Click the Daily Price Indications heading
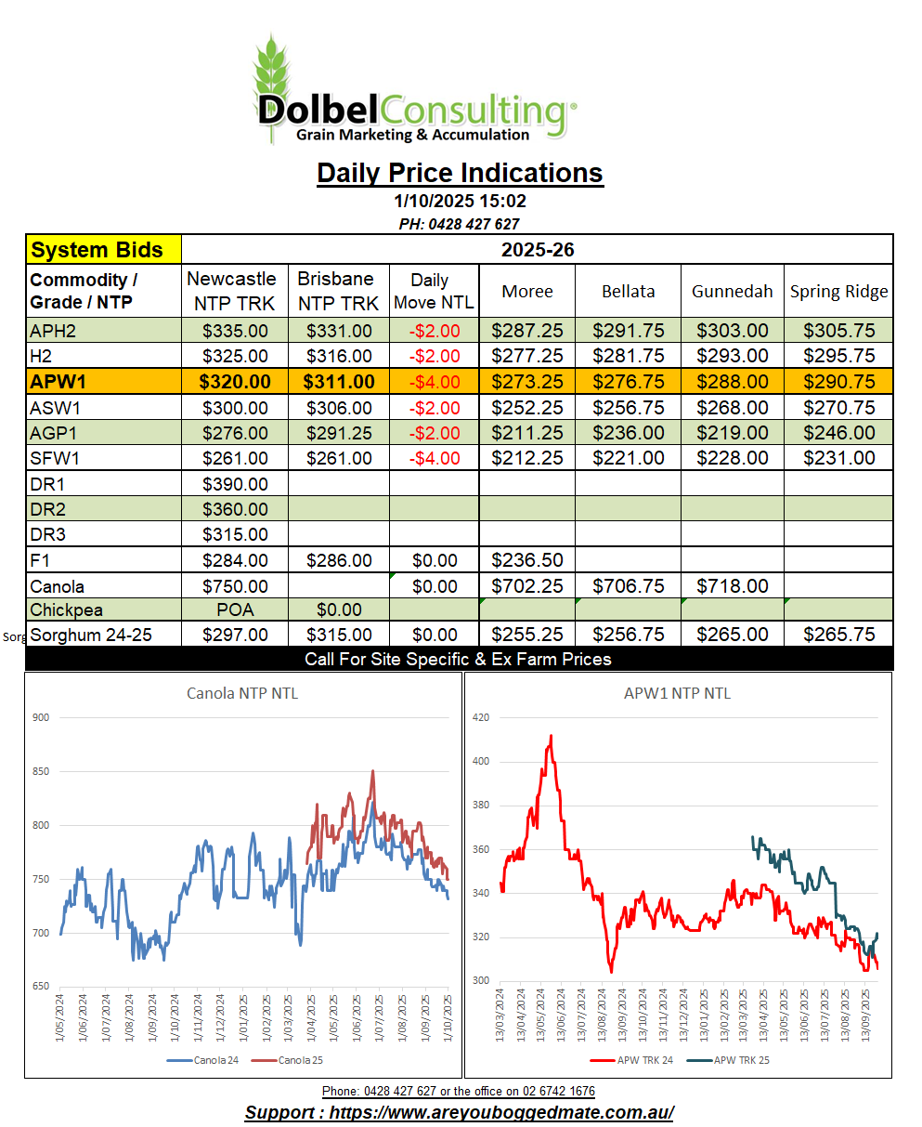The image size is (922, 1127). pyautogui.click(x=460, y=173)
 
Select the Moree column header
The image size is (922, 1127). pyautogui.click(x=527, y=291)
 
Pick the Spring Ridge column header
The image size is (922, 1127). pyautogui.click(x=838, y=291)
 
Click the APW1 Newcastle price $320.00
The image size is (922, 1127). pyautogui.click(x=236, y=382)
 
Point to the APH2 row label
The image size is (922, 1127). pyautogui.click(x=55, y=331)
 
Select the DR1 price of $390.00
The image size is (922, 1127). pyautogui.click(x=236, y=484)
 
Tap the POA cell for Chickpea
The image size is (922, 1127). pyautogui.click(x=236, y=610)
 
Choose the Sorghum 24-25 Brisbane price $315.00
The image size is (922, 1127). pyautogui.click(x=339, y=636)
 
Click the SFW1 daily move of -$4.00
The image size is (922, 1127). pyautogui.click(x=435, y=458)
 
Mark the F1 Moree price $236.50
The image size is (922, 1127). pyautogui.click(x=527, y=560)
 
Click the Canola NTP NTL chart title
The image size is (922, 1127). pyautogui.click(x=242, y=693)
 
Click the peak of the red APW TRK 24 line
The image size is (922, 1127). pyautogui.click(x=551, y=736)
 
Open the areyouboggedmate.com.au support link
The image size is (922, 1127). pyautogui.click(x=459, y=1113)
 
